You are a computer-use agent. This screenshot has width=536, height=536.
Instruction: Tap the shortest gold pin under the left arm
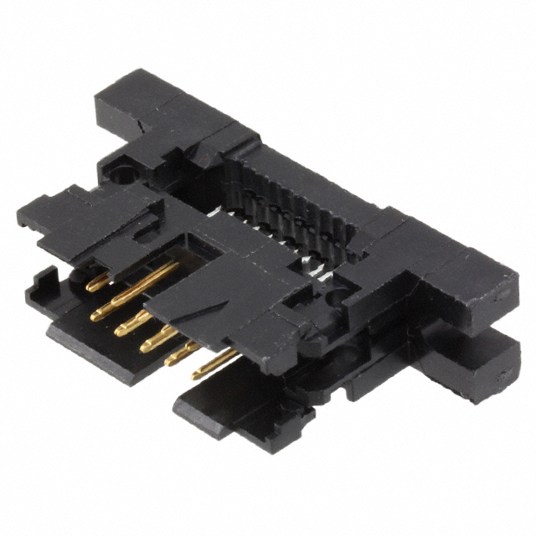point(99,283)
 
